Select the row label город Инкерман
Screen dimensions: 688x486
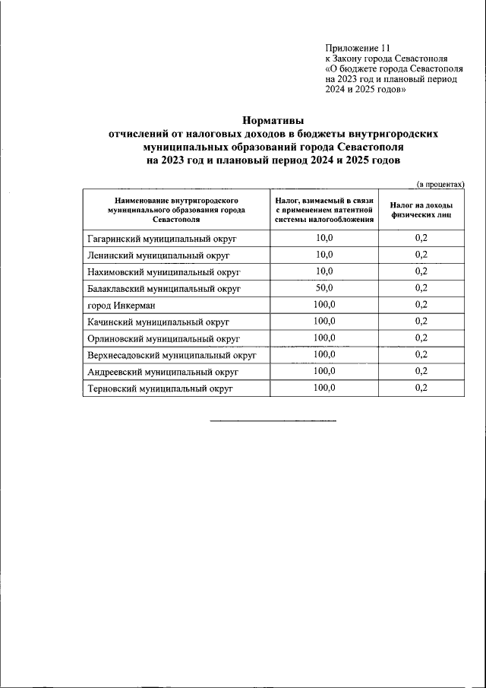pos(121,305)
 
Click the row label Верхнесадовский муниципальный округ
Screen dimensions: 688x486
pos(172,355)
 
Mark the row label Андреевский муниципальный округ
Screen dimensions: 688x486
pos(163,372)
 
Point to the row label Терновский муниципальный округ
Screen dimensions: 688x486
pos(159,388)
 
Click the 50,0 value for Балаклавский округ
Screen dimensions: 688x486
pos(324,287)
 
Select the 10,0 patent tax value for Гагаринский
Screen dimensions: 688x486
pos(324,237)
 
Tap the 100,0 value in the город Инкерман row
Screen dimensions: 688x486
pos(324,304)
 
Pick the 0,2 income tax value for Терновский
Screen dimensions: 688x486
pos(421,388)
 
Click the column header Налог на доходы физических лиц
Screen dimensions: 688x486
pos(421,210)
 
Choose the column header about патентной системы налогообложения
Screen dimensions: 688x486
pos(324,209)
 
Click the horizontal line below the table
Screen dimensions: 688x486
pos(273,420)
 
